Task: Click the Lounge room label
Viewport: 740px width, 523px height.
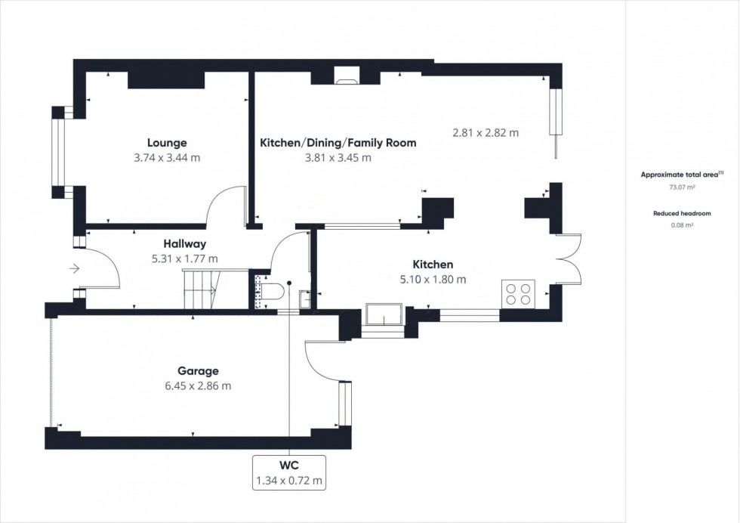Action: coord(167,142)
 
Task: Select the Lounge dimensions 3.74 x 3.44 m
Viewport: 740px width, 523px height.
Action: coord(167,158)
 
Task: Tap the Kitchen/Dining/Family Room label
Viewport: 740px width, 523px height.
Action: coord(338,142)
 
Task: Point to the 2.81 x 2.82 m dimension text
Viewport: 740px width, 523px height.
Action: coord(486,132)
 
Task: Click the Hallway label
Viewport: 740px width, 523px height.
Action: coord(185,243)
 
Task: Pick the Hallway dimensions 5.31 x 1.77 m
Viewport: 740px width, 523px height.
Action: coord(185,258)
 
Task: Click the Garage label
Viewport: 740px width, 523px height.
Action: coord(198,370)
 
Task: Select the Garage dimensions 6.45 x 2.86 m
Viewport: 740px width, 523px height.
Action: coord(198,386)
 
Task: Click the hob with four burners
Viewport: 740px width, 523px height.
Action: coord(518,293)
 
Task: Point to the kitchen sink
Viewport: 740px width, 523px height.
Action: coord(384,316)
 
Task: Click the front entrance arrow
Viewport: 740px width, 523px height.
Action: coord(75,268)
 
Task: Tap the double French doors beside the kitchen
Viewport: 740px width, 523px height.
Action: coord(569,258)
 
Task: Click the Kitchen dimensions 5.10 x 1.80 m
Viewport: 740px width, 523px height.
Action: coord(433,279)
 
